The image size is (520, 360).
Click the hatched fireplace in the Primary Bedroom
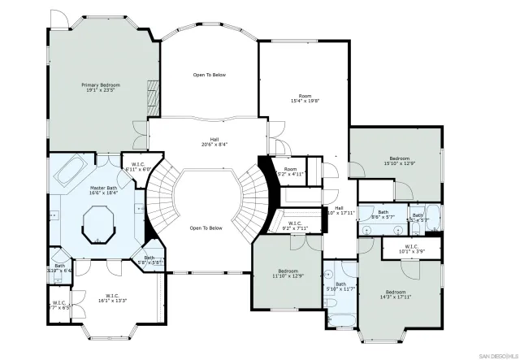pos(152,95)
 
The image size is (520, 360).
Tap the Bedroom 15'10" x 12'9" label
pos(399,162)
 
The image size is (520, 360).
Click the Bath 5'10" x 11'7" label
pos(340,286)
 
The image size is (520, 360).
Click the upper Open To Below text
pos(209,75)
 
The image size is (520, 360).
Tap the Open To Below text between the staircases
pos(206,228)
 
